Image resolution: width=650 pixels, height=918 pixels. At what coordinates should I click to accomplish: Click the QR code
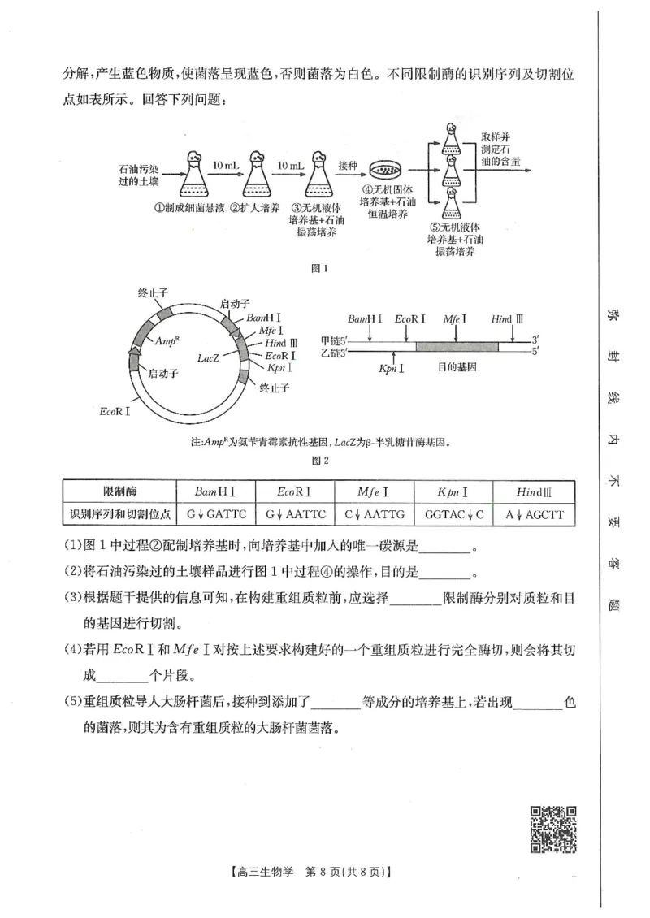[553, 829]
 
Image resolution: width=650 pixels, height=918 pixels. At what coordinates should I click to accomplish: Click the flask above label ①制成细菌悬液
[194, 173]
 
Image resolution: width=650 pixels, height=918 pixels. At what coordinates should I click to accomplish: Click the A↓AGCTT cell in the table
[534, 515]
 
